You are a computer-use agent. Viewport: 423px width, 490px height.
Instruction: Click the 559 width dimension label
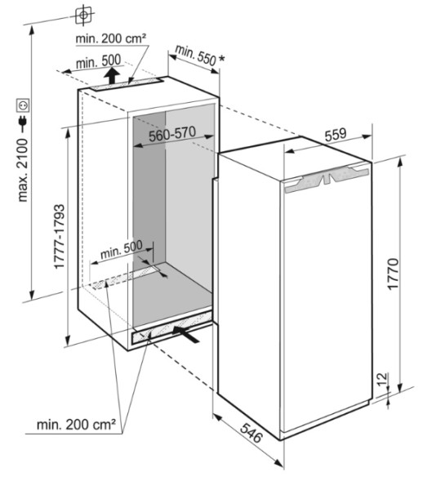tap(336, 135)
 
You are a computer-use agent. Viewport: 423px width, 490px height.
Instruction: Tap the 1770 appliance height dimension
tap(393, 274)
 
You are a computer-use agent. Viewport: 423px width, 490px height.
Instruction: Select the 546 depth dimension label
tap(251, 433)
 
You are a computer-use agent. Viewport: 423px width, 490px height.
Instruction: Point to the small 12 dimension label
tap(382, 379)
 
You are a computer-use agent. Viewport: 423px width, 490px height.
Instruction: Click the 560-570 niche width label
tap(172, 134)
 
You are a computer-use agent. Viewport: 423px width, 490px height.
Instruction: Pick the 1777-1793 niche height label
tap(59, 236)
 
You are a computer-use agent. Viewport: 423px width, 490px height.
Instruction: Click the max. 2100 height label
tap(23, 171)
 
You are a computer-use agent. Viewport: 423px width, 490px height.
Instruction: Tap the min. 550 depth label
tap(195, 56)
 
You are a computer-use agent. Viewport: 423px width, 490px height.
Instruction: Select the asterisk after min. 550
tap(221, 58)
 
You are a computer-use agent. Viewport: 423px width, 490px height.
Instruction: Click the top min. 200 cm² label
tap(111, 38)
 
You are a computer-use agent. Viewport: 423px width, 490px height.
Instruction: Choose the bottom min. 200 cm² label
tap(76, 425)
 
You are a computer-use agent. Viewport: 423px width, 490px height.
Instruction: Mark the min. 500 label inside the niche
tap(122, 250)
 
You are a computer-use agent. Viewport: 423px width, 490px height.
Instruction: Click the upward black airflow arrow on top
tap(112, 76)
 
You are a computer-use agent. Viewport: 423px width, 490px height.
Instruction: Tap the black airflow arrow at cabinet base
tap(186, 334)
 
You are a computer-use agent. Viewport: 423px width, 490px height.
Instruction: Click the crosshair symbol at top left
tap(84, 15)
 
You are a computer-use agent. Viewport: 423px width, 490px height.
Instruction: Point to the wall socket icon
tap(23, 105)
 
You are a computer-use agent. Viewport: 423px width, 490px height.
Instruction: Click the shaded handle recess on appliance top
tap(327, 179)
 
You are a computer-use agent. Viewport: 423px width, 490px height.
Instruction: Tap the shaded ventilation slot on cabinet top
tap(127, 84)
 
